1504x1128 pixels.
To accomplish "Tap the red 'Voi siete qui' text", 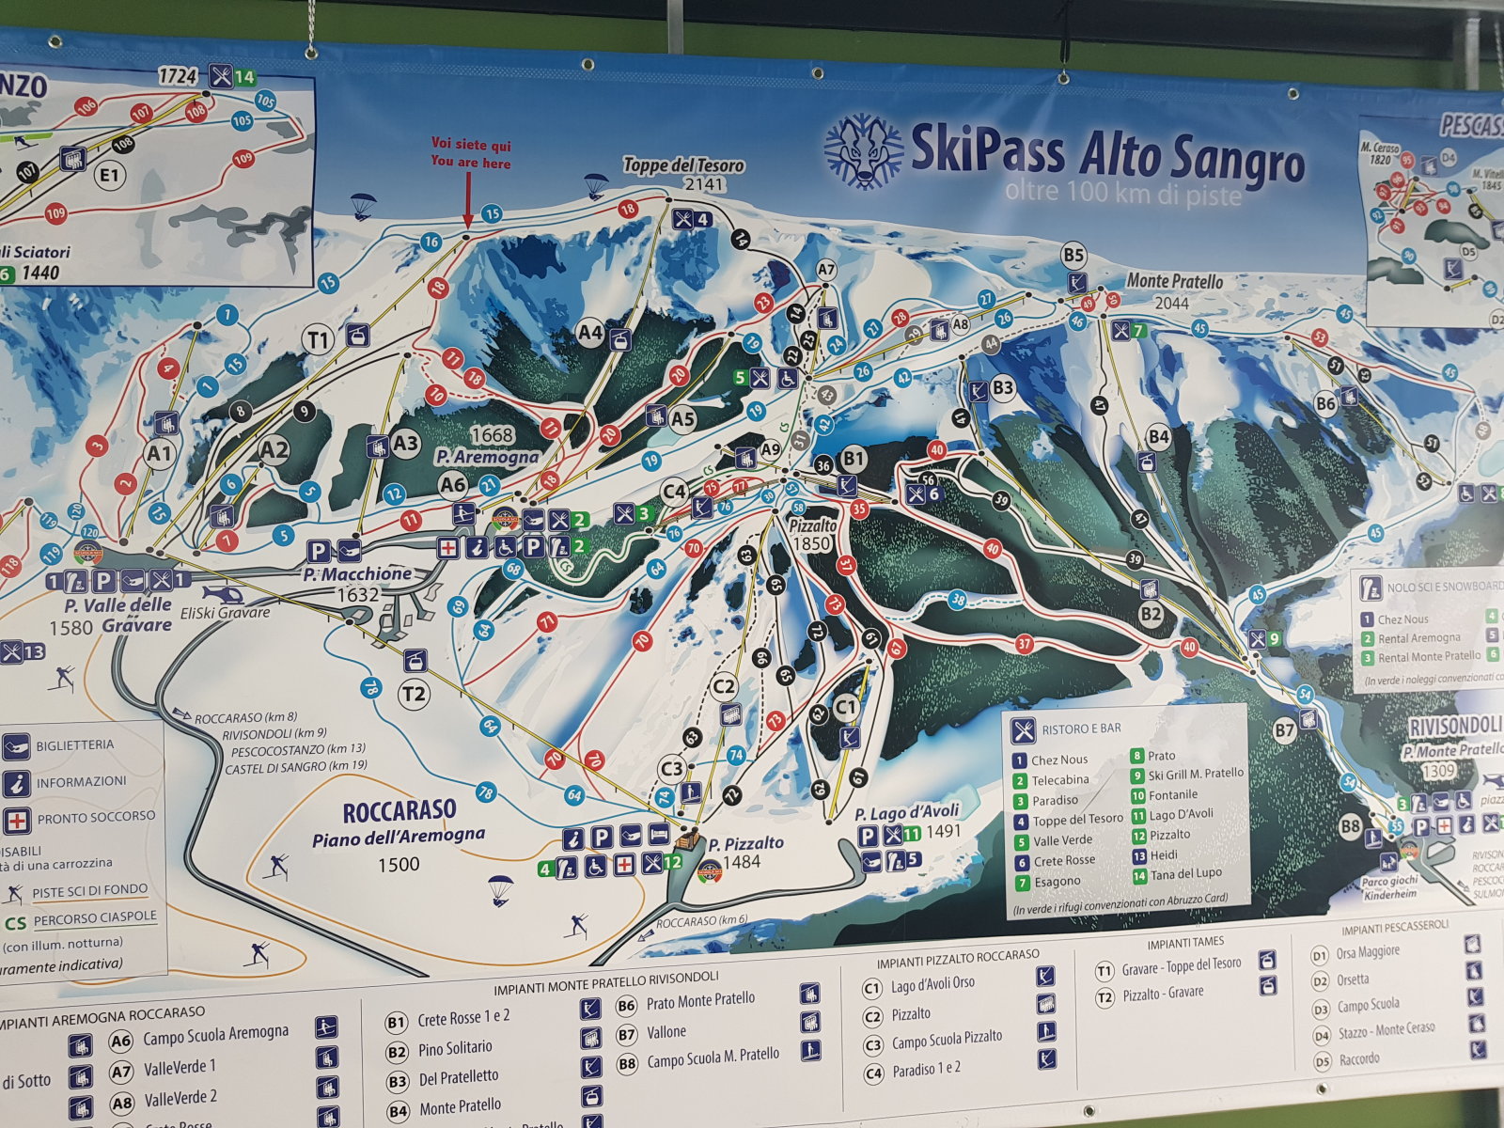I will coord(471,145).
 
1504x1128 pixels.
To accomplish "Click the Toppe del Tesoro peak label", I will coord(683,165).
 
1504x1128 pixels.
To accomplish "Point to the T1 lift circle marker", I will coord(321,338).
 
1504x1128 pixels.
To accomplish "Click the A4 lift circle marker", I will coord(589,332).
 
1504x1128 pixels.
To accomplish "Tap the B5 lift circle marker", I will coord(1073,254).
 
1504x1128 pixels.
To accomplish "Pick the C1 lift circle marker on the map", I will coord(846,704).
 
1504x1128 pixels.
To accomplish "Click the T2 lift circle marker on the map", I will coord(414,694).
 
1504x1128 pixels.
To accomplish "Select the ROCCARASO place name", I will coord(399,810).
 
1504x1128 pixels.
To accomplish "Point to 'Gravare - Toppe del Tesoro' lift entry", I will coord(1181,964).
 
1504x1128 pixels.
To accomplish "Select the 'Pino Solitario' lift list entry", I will coord(455,1046).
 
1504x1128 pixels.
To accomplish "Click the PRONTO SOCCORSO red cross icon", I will coord(15,818).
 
